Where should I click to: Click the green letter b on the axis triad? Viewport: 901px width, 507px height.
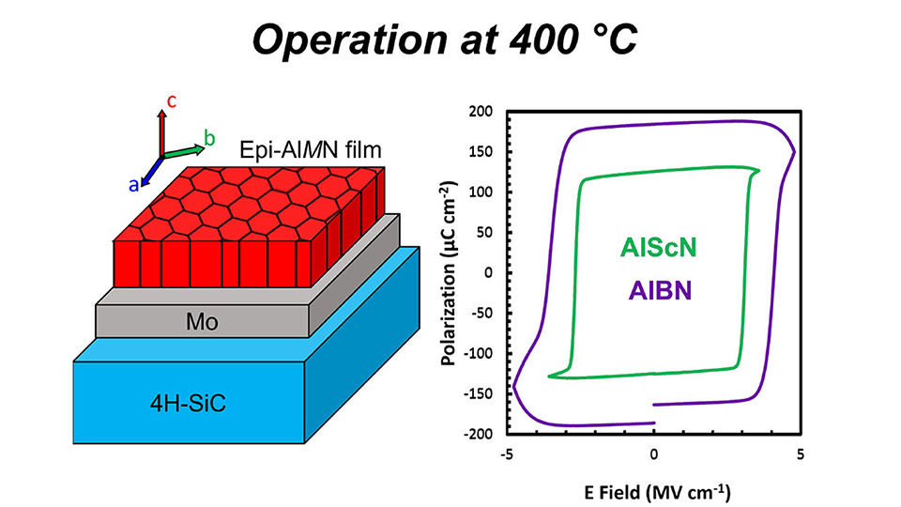point(209,139)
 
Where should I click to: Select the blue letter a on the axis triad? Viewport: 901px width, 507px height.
point(134,185)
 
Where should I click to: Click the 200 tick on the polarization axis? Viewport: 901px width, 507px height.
point(481,112)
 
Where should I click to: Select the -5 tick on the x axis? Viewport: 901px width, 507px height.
point(508,454)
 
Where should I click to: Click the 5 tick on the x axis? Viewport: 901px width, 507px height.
point(800,454)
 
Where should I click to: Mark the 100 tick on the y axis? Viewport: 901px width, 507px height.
point(481,192)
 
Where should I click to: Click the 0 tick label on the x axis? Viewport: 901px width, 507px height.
point(654,454)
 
